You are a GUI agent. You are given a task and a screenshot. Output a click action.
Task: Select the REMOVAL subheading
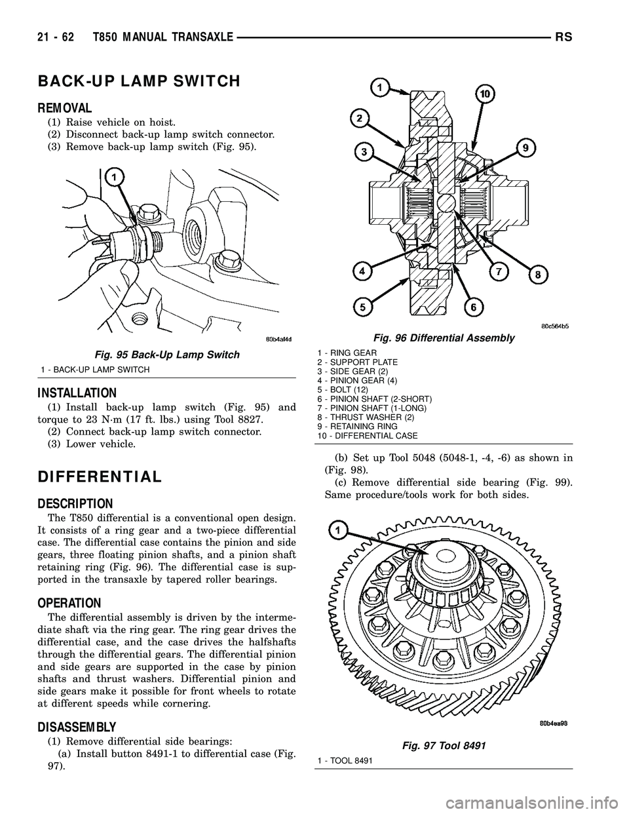click(x=65, y=106)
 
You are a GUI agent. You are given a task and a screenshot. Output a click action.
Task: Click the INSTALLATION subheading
click(x=77, y=393)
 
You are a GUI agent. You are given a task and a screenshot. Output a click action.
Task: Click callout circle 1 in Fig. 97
click(x=338, y=528)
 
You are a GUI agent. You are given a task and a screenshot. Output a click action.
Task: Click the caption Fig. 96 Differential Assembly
click(x=444, y=338)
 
